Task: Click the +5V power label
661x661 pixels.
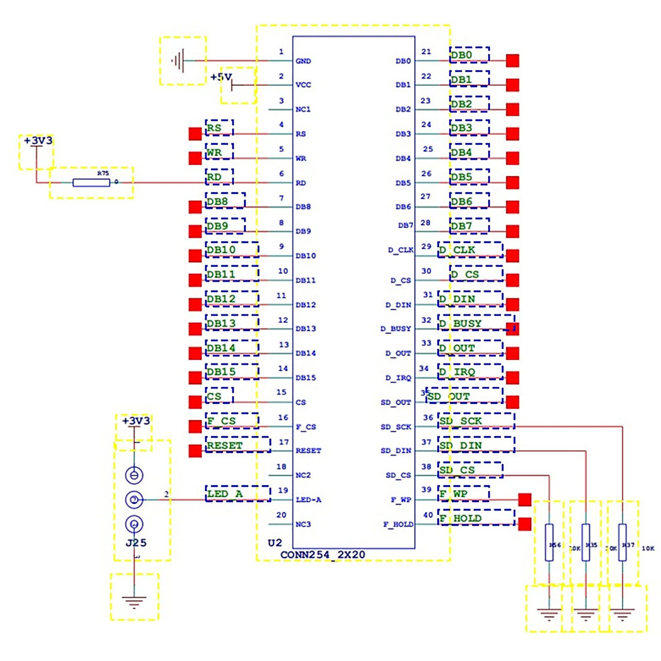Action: pos(221,77)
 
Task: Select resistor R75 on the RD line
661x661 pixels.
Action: pos(91,182)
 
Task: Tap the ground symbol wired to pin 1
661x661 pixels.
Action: pos(178,61)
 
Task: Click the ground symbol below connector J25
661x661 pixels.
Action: pos(134,601)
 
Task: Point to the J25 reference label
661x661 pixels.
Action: pos(136,543)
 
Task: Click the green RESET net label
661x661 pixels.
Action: pos(225,445)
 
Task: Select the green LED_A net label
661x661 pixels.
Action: pos(225,494)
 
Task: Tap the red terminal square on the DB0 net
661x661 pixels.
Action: pos(512,61)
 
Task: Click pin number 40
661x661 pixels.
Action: pos(428,515)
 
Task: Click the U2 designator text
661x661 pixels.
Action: pos(275,543)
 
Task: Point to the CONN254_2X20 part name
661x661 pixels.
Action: pos(323,555)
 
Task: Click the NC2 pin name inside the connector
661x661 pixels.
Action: pos(303,475)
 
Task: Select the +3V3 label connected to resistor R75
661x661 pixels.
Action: pos(38,141)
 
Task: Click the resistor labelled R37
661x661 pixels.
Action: pos(622,543)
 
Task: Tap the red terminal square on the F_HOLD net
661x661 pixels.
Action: pos(525,524)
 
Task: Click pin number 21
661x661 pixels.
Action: pos(426,52)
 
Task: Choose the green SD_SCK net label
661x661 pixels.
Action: pos(460,421)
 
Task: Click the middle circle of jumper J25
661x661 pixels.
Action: pos(134,500)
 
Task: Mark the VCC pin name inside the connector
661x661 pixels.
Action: pos(304,85)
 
